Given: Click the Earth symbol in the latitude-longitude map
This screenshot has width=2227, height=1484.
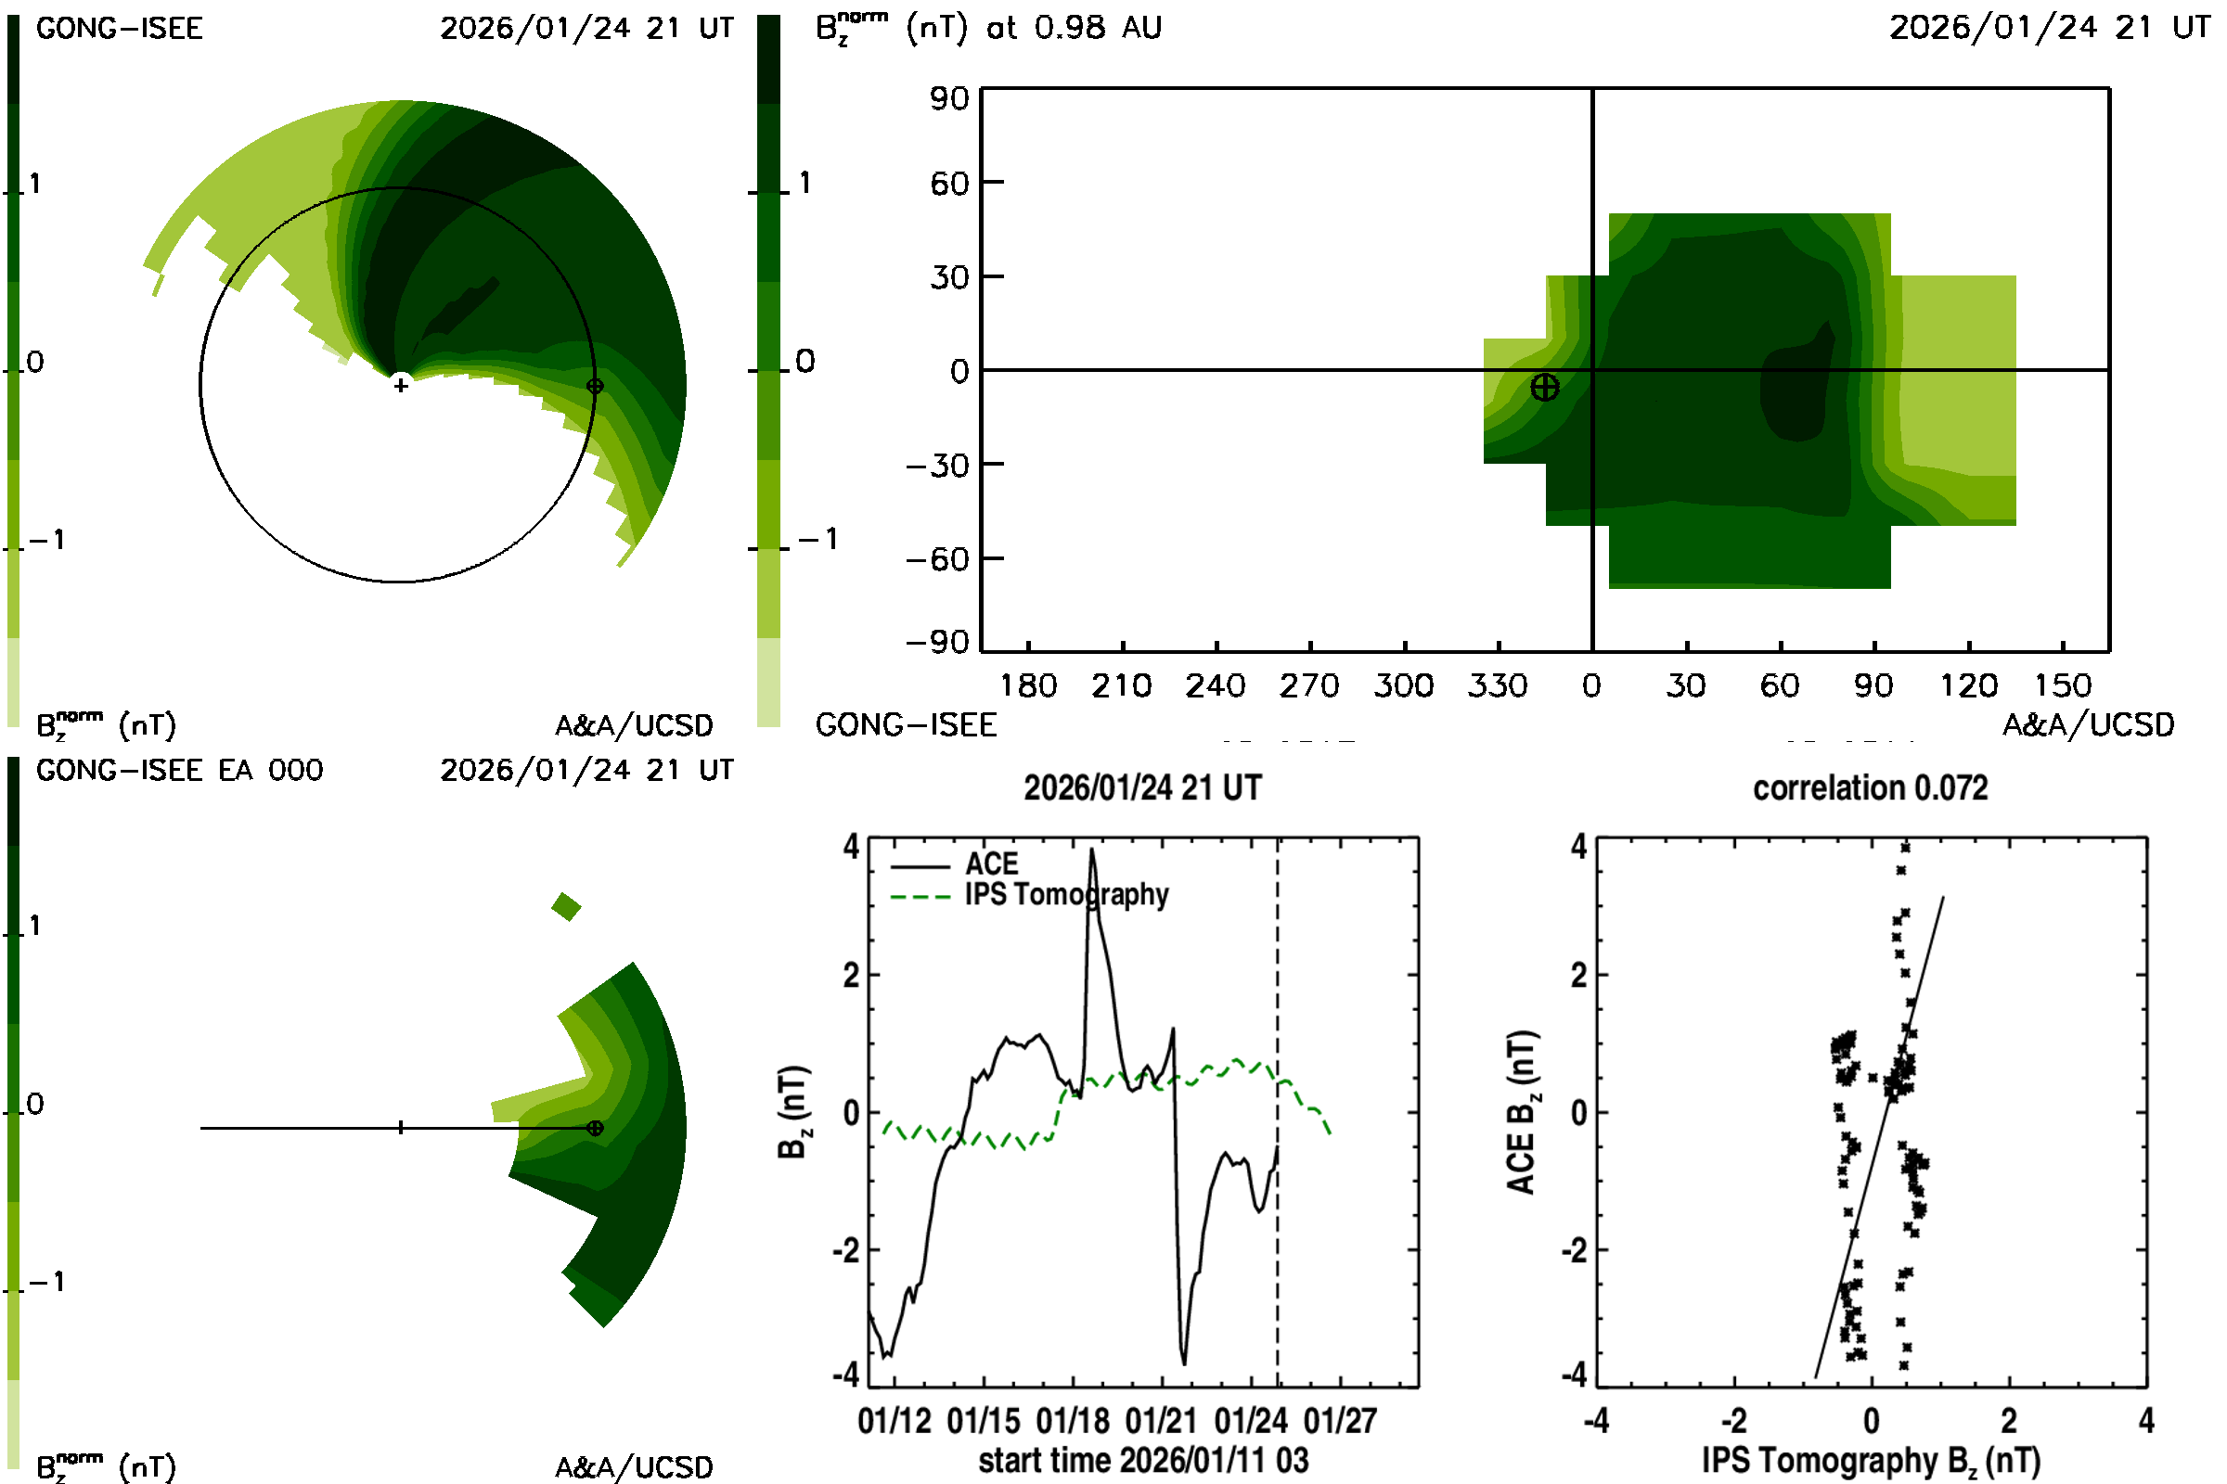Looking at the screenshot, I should (x=1544, y=387).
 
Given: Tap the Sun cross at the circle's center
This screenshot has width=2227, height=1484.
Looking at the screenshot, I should (x=401, y=385).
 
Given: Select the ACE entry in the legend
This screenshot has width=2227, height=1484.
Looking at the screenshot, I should (x=990, y=864).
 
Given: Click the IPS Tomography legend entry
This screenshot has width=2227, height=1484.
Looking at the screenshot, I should (x=1066, y=894).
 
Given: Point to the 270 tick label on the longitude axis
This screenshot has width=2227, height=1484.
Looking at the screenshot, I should (x=1309, y=685).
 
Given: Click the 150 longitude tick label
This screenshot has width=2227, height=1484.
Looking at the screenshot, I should (x=2062, y=685).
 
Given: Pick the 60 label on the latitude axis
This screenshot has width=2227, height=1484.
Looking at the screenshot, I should (x=948, y=183).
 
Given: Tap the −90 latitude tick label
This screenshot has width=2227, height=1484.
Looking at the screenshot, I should (x=937, y=643).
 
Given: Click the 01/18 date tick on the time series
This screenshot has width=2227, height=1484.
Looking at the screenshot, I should (x=1072, y=1421).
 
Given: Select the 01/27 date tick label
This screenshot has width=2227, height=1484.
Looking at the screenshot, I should (x=1340, y=1421).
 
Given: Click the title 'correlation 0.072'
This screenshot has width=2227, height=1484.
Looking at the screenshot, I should (x=1870, y=787).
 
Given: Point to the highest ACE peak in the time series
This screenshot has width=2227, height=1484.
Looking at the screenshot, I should (x=1092, y=850).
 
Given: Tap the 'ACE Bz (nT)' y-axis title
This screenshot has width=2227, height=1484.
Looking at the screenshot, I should (x=1521, y=1112).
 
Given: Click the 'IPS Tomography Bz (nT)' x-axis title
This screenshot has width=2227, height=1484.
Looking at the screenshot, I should (x=1870, y=1460).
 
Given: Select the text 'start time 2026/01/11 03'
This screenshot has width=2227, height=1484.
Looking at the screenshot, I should (x=1143, y=1460).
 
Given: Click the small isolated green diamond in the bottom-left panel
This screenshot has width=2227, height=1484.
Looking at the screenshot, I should (x=566, y=907).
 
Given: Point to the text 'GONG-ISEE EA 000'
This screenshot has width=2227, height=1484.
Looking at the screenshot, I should (x=179, y=771).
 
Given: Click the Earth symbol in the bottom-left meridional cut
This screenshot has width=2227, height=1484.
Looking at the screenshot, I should (x=595, y=1128).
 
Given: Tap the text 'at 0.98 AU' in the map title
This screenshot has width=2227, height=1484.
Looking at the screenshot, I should (x=1074, y=28).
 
